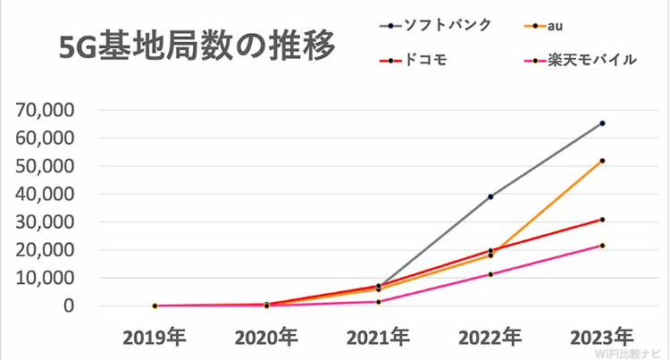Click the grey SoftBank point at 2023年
(x=602, y=123)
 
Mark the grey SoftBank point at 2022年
(x=490, y=197)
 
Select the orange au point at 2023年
(x=602, y=161)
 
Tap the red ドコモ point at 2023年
(x=602, y=220)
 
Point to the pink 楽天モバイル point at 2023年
(x=602, y=246)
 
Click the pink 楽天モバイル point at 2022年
(x=490, y=274)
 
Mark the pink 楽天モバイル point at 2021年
(x=379, y=302)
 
